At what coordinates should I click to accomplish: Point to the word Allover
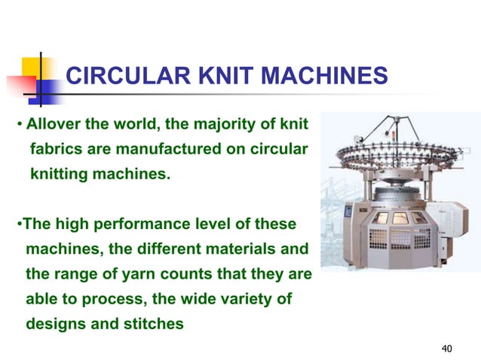[53, 123]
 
